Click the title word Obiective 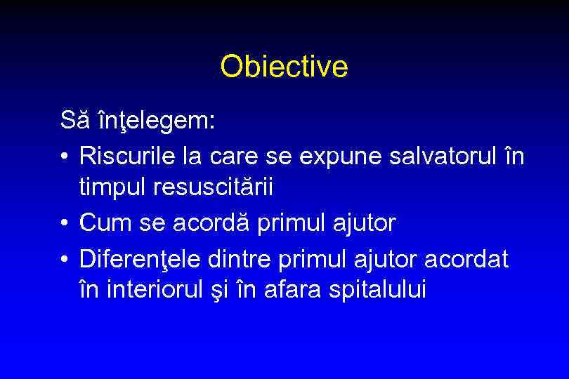(284, 67)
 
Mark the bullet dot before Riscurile (65, 156)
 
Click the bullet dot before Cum (65, 224)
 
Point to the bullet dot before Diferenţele (65, 258)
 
